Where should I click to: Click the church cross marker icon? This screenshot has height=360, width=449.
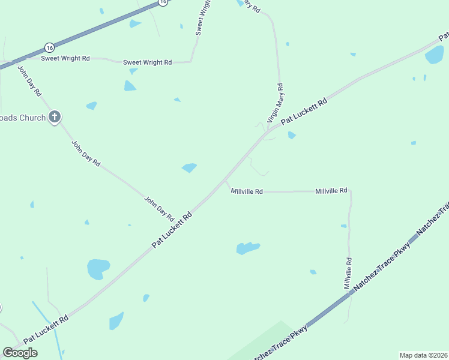(55, 117)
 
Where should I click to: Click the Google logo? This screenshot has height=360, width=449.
(20, 353)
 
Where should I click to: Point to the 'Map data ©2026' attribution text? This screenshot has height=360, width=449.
(423, 355)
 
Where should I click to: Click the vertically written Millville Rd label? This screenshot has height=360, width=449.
(348, 274)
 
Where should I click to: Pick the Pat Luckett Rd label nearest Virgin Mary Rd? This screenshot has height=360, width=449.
(304, 111)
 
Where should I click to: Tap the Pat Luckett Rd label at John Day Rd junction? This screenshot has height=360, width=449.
(172, 229)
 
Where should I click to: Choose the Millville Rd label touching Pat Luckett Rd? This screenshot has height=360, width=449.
(247, 191)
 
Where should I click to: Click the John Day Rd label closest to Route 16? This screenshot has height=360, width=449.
(29, 80)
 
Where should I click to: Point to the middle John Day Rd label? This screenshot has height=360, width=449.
(86, 154)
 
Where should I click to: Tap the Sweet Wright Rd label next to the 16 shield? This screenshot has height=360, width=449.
(65, 58)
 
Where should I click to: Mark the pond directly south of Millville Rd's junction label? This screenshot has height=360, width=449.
(247, 248)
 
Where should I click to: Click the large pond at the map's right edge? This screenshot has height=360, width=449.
(435, 55)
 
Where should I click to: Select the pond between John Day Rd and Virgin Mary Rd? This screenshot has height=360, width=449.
(189, 167)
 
